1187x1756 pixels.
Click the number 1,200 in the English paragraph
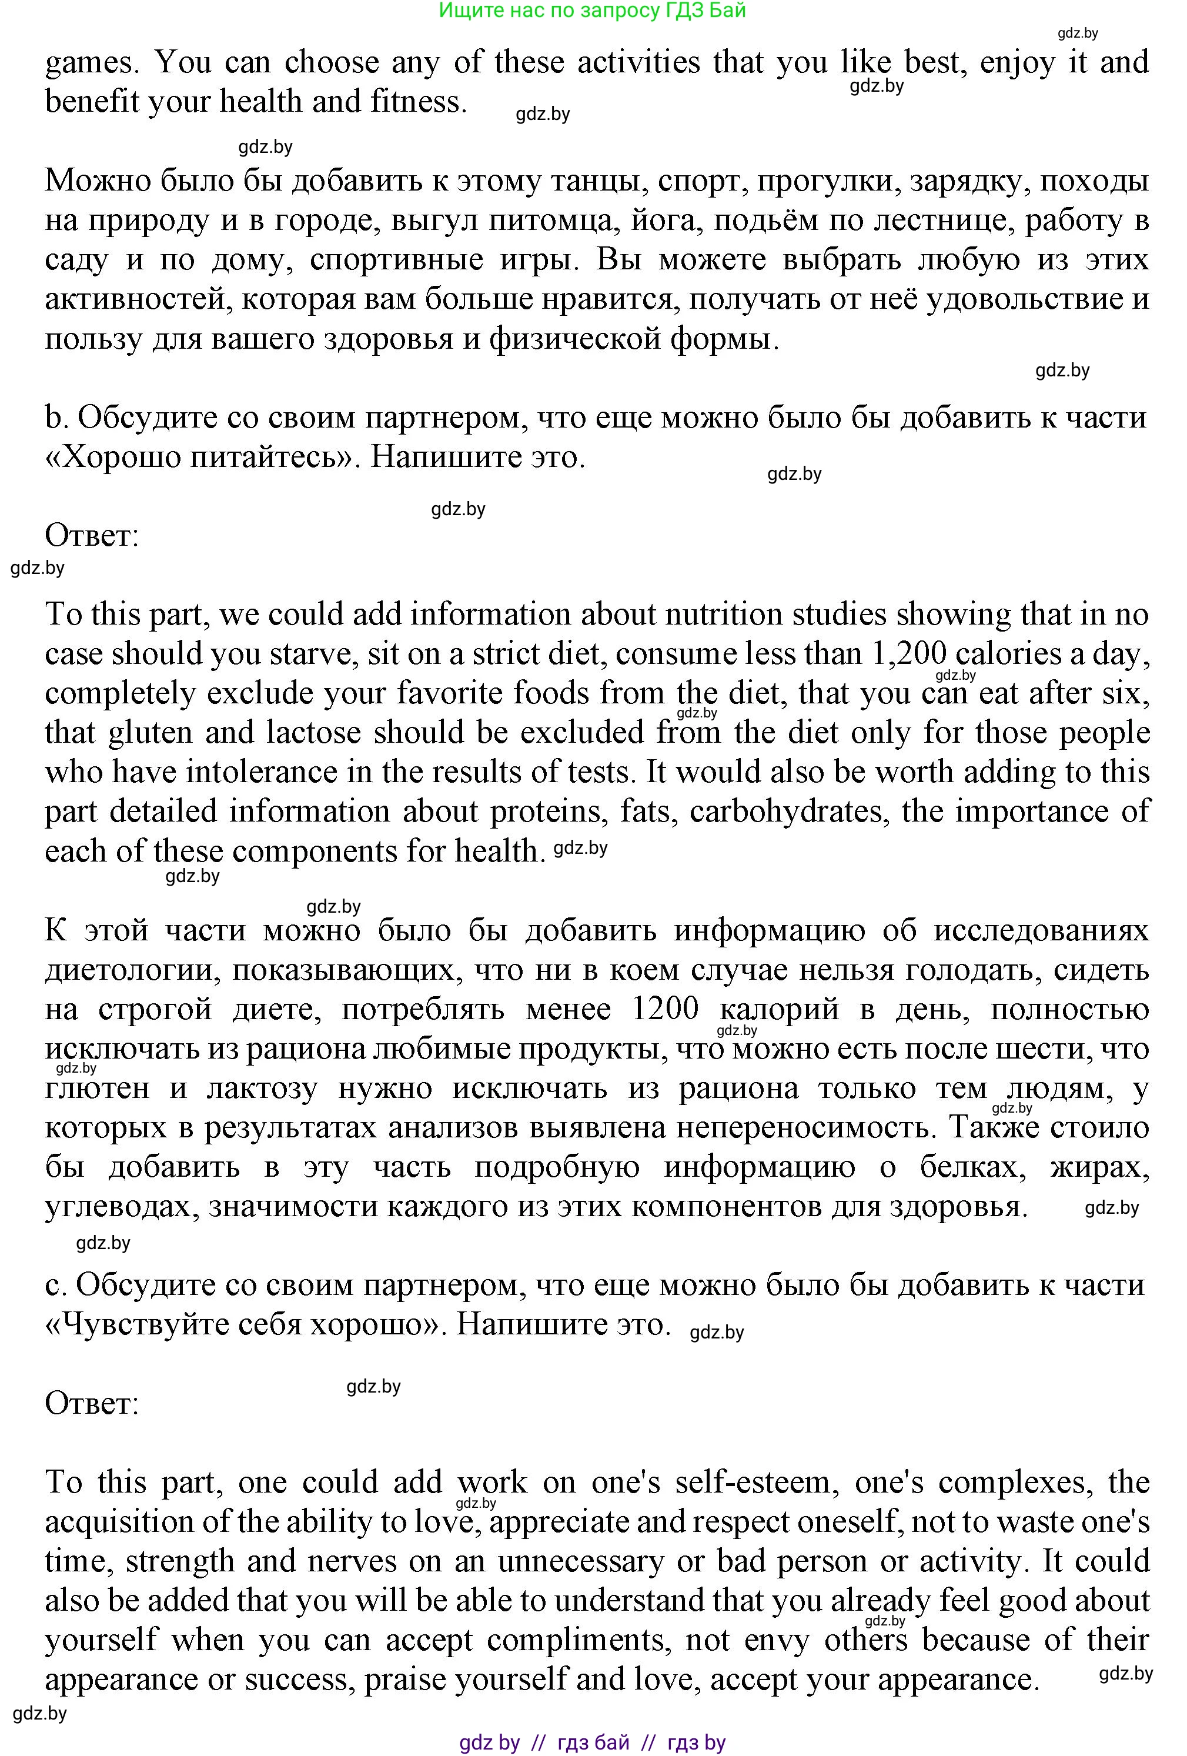pyautogui.click(x=909, y=653)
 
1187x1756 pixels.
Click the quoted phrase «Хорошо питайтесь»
pyautogui.click(x=203, y=456)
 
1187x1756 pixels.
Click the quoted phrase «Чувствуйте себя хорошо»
pyautogui.click(x=246, y=1324)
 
